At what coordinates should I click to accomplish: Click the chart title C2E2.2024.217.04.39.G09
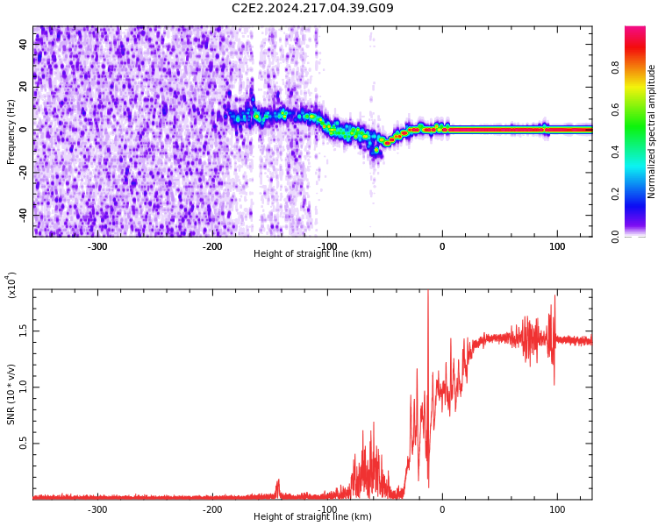pyautogui.click(x=312, y=9)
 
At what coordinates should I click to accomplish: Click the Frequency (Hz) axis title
pyautogui.click(x=11, y=131)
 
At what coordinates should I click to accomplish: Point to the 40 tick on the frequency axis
pyautogui.click(x=24, y=44)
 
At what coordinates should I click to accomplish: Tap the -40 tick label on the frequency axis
pyautogui.click(x=22, y=215)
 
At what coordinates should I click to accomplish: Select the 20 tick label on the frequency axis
pyautogui.click(x=24, y=87)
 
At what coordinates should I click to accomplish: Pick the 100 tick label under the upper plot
pyautogui.click(x=557, y=246)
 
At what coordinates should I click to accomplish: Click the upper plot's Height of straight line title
pyautogui.click(x=312, y=254)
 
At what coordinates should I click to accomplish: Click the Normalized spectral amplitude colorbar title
pyautogui.click(x=652, y=131)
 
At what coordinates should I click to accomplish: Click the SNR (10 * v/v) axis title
pyautogui.click(x=11, y=394)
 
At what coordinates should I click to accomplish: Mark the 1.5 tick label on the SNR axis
pyautogui.click(x=21, y=331)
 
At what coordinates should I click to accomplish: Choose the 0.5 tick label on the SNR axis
pyautogui.click(x=21, y=444)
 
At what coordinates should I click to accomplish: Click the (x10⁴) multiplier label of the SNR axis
pyautogui.click(x=12, y=285)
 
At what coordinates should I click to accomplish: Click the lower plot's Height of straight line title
pyautogui.click(x=312, y=517)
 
